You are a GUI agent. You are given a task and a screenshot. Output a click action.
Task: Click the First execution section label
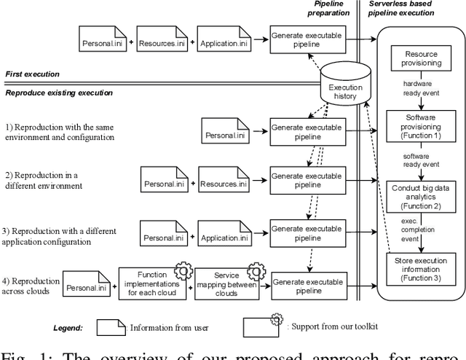click(33, 74)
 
